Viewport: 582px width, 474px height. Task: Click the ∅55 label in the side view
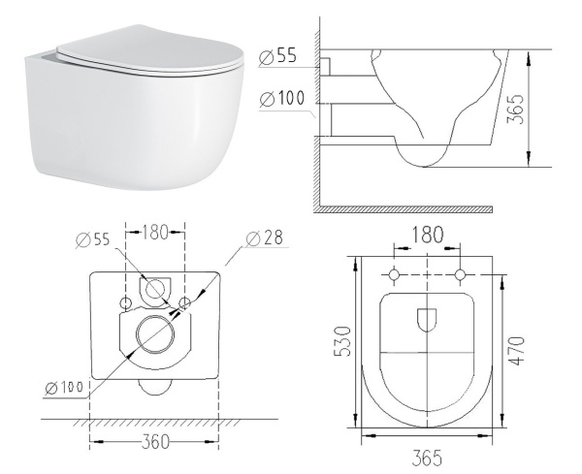pyautogui.click(x=278, y=56)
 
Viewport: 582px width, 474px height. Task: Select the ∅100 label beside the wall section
pyautogui.click(x=282, y=99)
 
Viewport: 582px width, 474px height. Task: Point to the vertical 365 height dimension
pyautogui.click(x=515, y=109)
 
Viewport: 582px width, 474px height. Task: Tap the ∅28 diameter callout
pyautogui.click(x=265, y=238)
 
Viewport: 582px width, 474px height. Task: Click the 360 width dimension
pyautogui.click(x=155, y=442)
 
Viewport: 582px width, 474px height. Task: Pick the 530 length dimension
pyautogui.click(x=342, y=341)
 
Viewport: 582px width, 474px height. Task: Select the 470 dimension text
pyautogui.click(x=517, y=351)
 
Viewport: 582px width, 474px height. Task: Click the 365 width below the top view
pyautogui.click(x=427, y=458)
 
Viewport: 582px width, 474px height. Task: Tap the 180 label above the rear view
pyautogui.click(x=155, y=233)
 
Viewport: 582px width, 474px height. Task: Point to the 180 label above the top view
pyautogui.click(x=427, y=235)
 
